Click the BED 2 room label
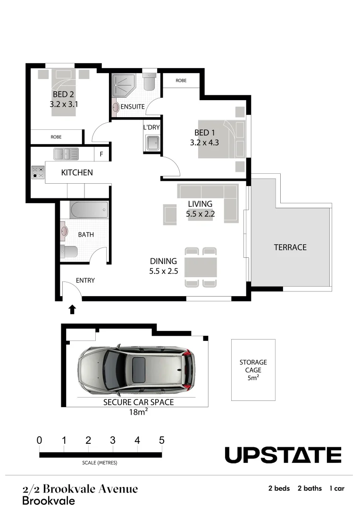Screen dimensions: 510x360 pyautogui.click(x=63, y=94)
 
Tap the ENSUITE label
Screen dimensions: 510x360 pyautogui.click(x=132, y=107)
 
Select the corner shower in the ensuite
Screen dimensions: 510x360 pyautogui.click(x=123, y=85)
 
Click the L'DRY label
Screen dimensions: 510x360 pyautogui.click(x=151, y=127)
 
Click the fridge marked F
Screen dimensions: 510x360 pyautogui.click(x=101, y=154)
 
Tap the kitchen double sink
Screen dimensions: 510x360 pyautogui.click(x=66, y=153)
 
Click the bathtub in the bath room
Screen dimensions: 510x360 pyautogui.click(x=89, y=210)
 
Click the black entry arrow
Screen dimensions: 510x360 pyautogui.click(x=72, y=309)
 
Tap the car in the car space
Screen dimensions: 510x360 pyautogui.click(x=136, y=369)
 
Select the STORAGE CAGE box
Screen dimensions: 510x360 pyautogui.click(x=253, y=370)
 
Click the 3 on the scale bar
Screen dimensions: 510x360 pyautogui.click(x=113, y=441)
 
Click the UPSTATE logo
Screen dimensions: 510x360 pyautogui.click(x=283, y=455)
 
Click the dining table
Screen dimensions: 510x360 pyautogui.click(x=201, y=267)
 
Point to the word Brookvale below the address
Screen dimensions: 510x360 pyautogui.click(x=49, y=501)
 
